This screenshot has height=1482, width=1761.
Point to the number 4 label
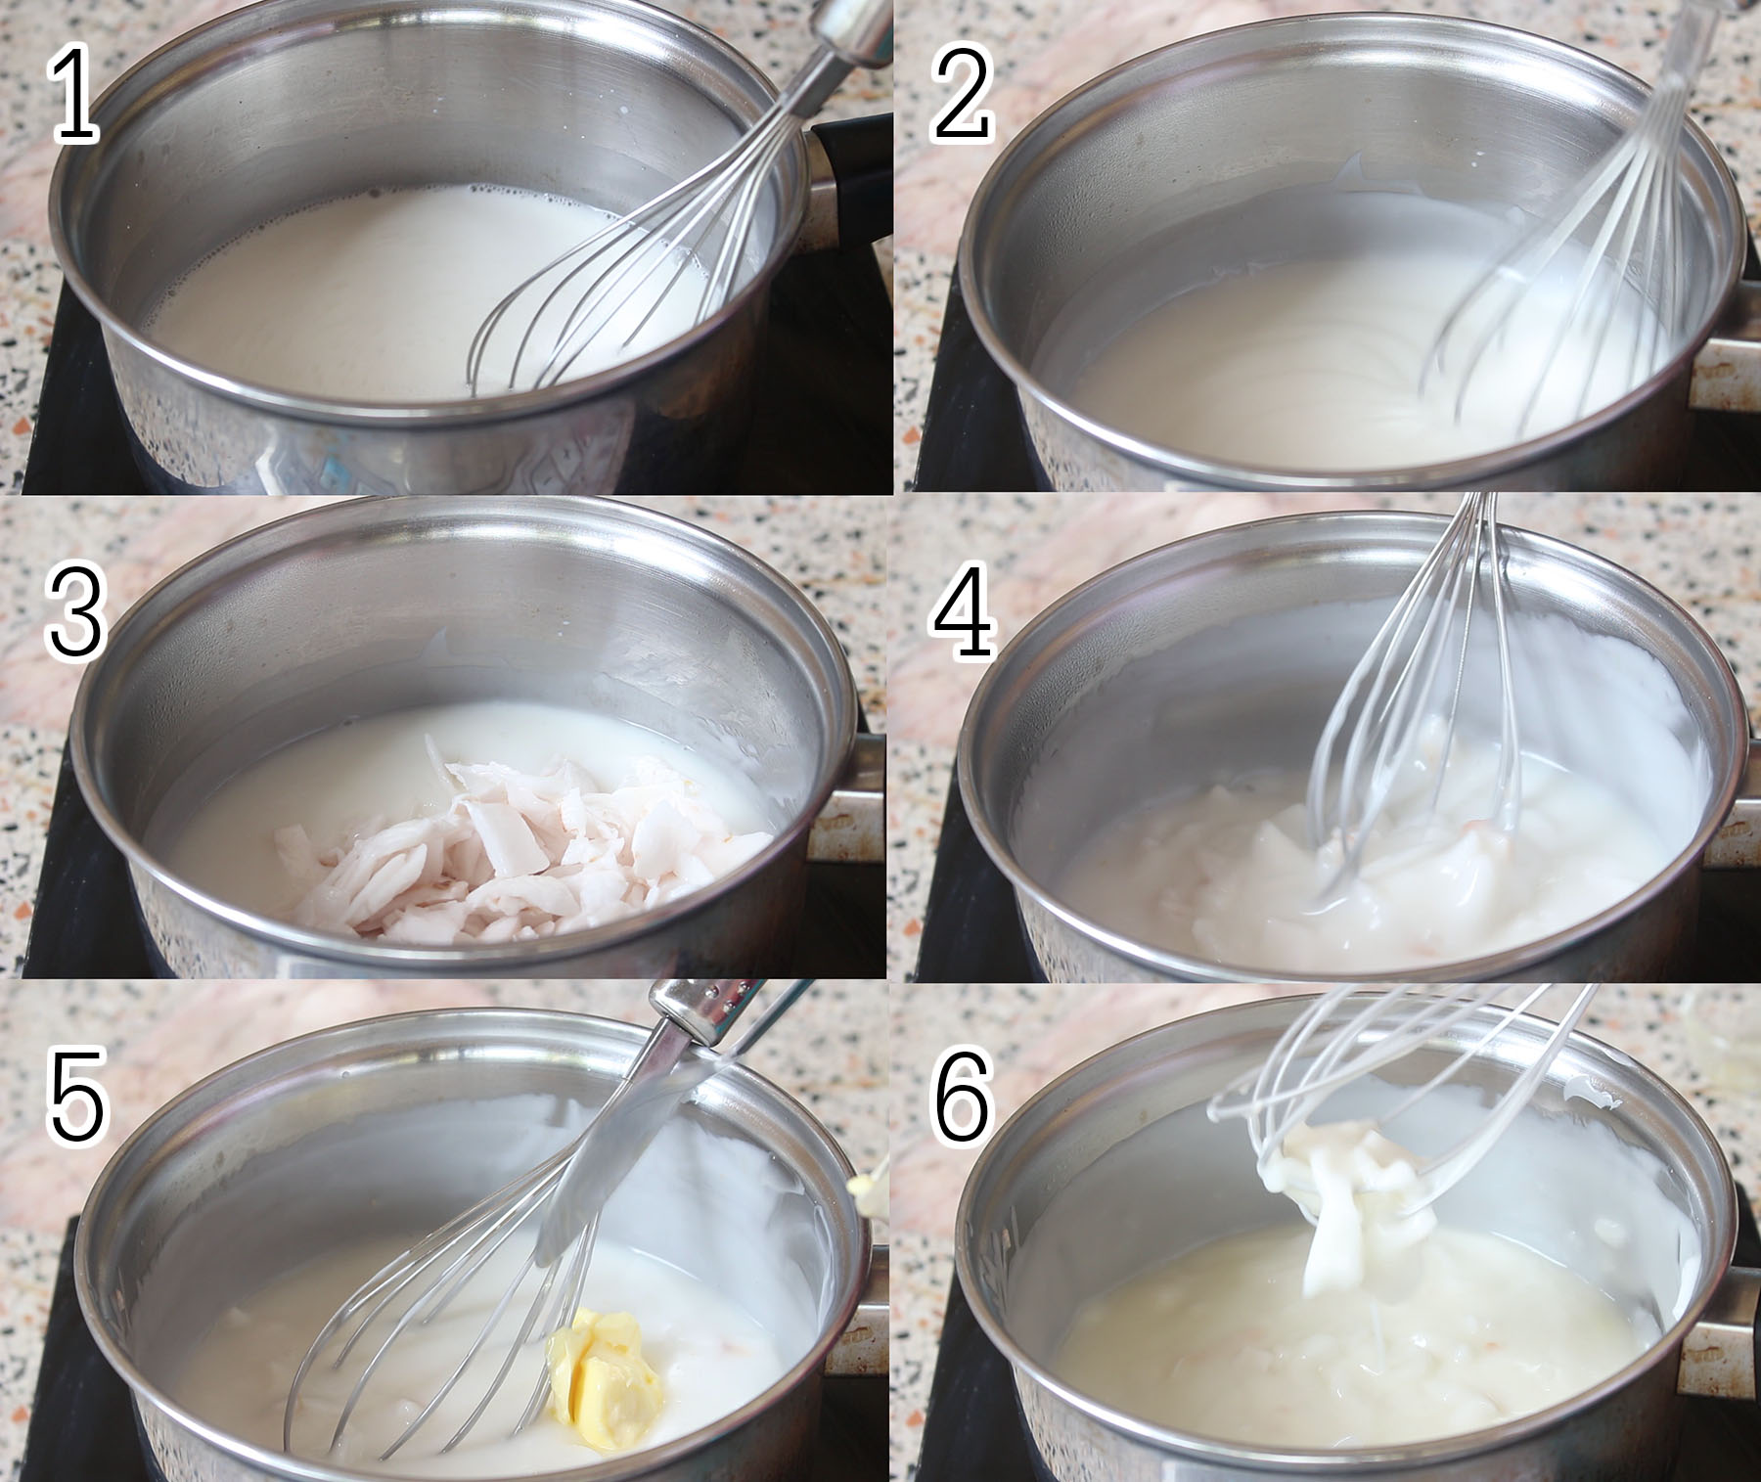963,608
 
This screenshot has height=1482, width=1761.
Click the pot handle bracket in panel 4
1732,831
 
